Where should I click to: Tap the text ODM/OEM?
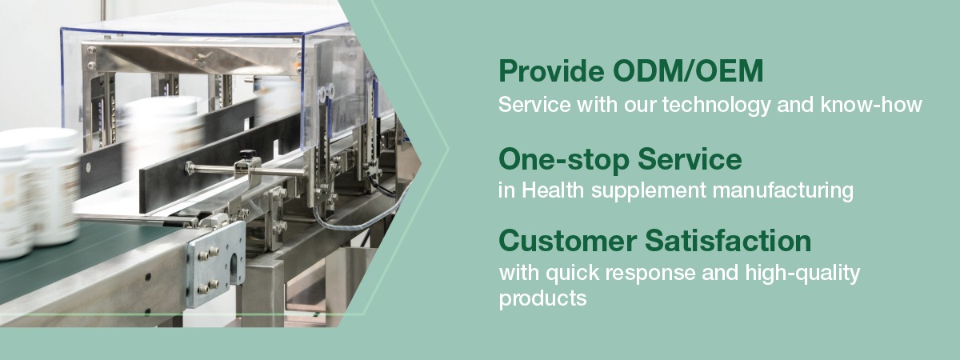(x=688, y=70)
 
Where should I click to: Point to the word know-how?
(x=871, y=105)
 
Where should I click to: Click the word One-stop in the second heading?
(x=564, y=159)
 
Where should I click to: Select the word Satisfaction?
(x=728, y=241)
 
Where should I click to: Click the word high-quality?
(x=802, y=274)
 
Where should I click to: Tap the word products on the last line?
(x=542, y=298)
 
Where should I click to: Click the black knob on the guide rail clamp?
(x=247, y=154)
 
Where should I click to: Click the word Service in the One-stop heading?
(x=690, y=159)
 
